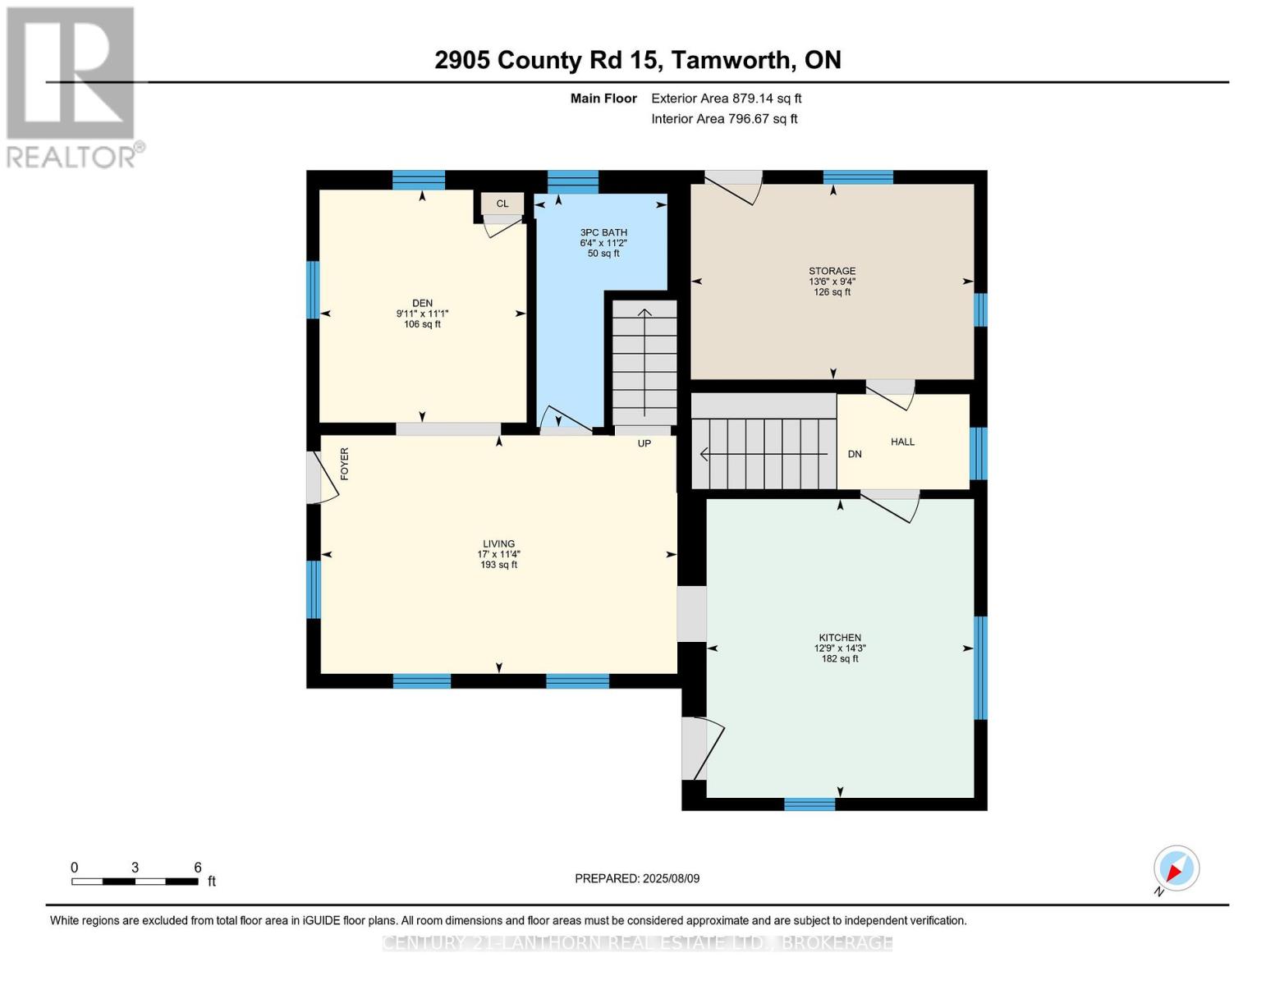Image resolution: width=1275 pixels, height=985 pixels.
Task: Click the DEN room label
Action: coord(422,303)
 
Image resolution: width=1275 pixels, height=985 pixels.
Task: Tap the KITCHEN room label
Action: coord(840,637)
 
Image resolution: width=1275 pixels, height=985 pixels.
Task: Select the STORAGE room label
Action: coord(832,270)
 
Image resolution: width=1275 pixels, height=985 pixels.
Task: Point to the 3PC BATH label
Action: coord(603,232)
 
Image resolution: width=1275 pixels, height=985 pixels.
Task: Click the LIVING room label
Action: coord(498,544)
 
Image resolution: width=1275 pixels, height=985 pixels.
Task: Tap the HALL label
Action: coord(901,442)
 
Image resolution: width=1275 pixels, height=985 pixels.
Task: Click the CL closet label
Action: coord(502,204)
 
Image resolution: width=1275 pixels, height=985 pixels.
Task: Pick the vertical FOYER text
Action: coord(345,464)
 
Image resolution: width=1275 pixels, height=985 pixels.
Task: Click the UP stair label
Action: coord(644,443)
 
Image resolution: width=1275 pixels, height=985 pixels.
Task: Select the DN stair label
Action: coord(855,454)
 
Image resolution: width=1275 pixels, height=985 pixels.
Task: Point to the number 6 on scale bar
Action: coord(198,867)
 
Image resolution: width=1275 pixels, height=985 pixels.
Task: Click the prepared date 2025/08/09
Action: coord(671,878)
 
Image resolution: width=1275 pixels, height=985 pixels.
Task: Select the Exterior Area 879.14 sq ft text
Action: coord(726,98)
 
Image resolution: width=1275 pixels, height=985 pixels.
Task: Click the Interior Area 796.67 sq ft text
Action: coord(724,118)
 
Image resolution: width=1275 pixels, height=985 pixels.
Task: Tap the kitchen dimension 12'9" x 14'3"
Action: coord(840,648)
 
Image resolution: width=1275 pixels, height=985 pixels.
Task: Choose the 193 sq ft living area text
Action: coord(498,565)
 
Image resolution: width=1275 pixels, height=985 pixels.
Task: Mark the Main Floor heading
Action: coord(603,98)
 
